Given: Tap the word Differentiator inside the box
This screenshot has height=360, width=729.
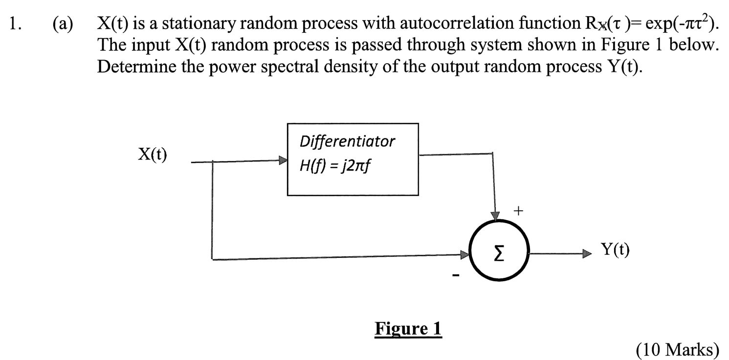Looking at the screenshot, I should (x=347, y=142).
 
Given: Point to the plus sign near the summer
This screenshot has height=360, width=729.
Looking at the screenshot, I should (x=518, y=211).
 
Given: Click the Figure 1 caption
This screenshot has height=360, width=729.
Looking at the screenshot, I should (x=408, y=329).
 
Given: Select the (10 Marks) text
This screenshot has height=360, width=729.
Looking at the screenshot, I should (x=677, y=350).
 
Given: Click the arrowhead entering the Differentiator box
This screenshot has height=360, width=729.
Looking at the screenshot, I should (x=283, y=161).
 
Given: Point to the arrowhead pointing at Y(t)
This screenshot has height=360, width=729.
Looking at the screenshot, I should (x=587, y=254).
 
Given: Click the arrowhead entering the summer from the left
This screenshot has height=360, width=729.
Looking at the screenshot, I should (x=465, y=254).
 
